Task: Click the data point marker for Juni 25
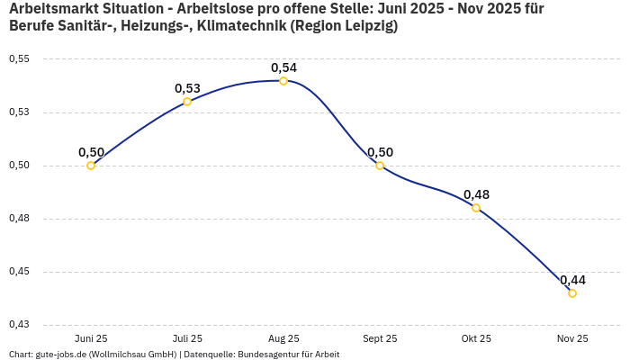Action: point(91,166)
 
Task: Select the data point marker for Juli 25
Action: point(187,102)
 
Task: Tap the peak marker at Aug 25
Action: point(283,81)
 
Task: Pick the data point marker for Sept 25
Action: point(380,166)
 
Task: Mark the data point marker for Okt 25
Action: point(476,208)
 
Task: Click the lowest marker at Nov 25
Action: point(572,293)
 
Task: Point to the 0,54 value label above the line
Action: point(283,67)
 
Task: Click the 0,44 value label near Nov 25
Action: point(572,280)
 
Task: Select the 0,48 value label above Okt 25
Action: point(476,194)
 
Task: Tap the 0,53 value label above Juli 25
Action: point(187,88)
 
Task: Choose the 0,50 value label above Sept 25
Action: point(380,152)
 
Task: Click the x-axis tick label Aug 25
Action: point(283,338)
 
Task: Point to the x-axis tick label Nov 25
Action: point(572,338)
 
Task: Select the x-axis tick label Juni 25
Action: point(91,338)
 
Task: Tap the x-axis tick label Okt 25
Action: point(476,338)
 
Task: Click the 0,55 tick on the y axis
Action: point(19,59)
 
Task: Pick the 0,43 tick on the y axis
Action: point(19,325)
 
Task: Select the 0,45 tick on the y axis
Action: point(19,272)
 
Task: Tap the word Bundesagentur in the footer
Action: point(266,355)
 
